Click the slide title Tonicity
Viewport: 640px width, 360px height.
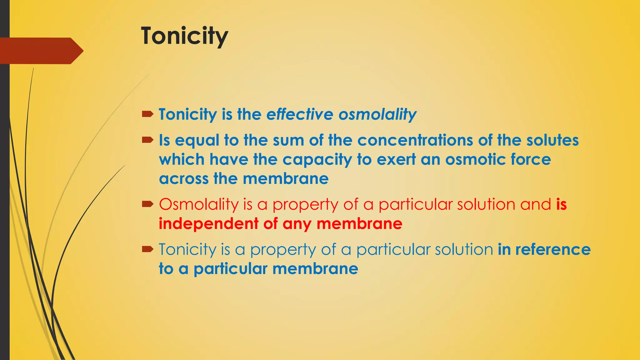(x=184, y=36)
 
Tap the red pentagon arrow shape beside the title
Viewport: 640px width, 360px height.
(x=41, y=51)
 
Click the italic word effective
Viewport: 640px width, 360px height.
(x=300, y=114)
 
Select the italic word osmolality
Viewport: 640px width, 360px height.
(x=377, y=115)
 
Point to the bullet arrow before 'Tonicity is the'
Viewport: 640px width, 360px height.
(x=147, y=114)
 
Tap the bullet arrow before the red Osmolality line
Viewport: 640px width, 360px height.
(x=147, y=204)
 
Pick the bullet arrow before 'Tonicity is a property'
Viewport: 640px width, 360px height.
(x=147, y=249)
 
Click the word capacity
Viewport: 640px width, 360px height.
(x=317, y=160)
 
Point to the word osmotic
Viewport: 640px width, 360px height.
(x=475, y=159)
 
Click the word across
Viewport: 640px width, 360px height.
(x=184, y=179)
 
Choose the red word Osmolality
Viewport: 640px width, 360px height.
(x=199, y=205)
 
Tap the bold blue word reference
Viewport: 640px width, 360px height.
(x=553, y=249)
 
